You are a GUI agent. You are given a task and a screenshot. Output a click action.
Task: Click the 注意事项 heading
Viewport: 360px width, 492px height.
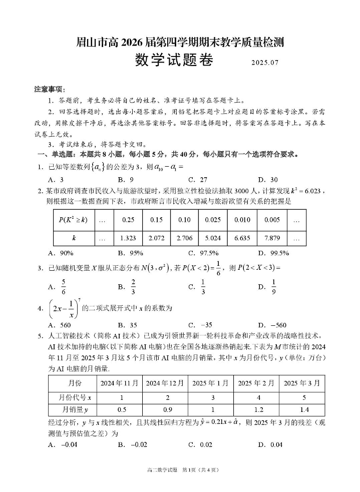coord(49,89)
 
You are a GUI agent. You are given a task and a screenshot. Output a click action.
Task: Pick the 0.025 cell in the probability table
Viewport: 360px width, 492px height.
coord(213,219)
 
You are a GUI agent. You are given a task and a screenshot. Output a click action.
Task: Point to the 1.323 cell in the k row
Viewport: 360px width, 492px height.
coord(128,238)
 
